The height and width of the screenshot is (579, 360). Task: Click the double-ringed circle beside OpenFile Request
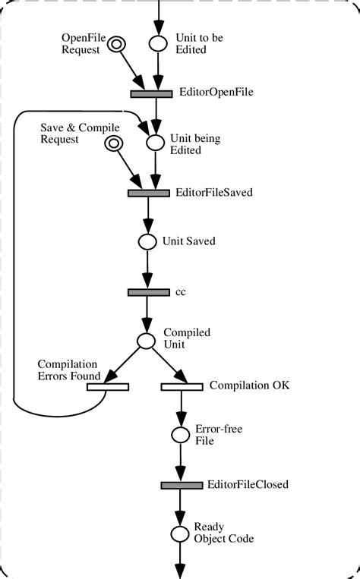pos(115,45)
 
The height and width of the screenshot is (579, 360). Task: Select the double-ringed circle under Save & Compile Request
pos(114,143)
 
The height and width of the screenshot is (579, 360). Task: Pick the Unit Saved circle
pos(147,242)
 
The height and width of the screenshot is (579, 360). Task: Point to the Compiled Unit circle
pos(146,341)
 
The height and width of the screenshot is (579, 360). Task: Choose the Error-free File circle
pos(180,435)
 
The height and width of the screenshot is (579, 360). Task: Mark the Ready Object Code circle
pos(179,533)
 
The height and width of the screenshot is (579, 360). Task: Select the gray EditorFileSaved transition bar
pos(149,193)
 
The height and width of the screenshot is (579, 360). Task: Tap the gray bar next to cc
pos(149,291)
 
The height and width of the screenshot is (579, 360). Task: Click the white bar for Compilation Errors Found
pos(107,386)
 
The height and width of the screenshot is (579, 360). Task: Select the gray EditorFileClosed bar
pos(182,484)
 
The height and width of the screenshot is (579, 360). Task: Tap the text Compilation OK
pos(249,385)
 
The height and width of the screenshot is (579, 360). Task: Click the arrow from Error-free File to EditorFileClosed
pos(180,461)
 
